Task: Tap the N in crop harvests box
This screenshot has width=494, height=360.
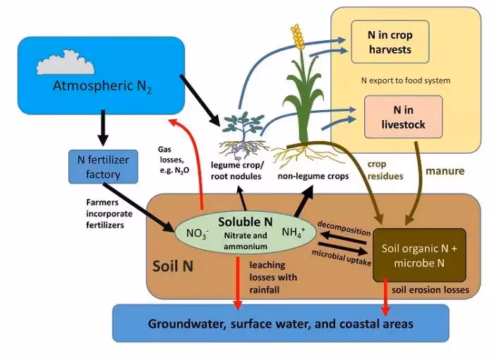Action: click(390, 42)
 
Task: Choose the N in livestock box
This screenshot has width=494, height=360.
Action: click(403, 117)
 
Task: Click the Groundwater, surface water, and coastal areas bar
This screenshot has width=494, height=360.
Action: click(280, 323)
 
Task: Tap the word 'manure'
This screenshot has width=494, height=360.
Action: click(445, 170)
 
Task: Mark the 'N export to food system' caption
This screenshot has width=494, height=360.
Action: click(400, 80)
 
